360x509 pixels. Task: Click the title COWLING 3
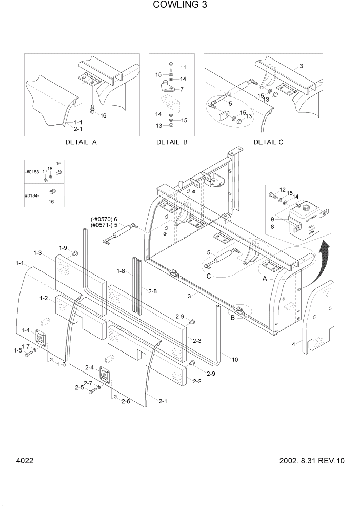click(179, 6)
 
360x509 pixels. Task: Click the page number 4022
click(25, 460)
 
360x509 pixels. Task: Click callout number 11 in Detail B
click(183, 68)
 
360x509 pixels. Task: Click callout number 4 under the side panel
click(293, 344)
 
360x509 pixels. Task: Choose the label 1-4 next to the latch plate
click(25, 330)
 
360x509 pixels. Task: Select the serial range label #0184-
click(32, 195)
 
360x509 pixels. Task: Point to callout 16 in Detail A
click(103, 115)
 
